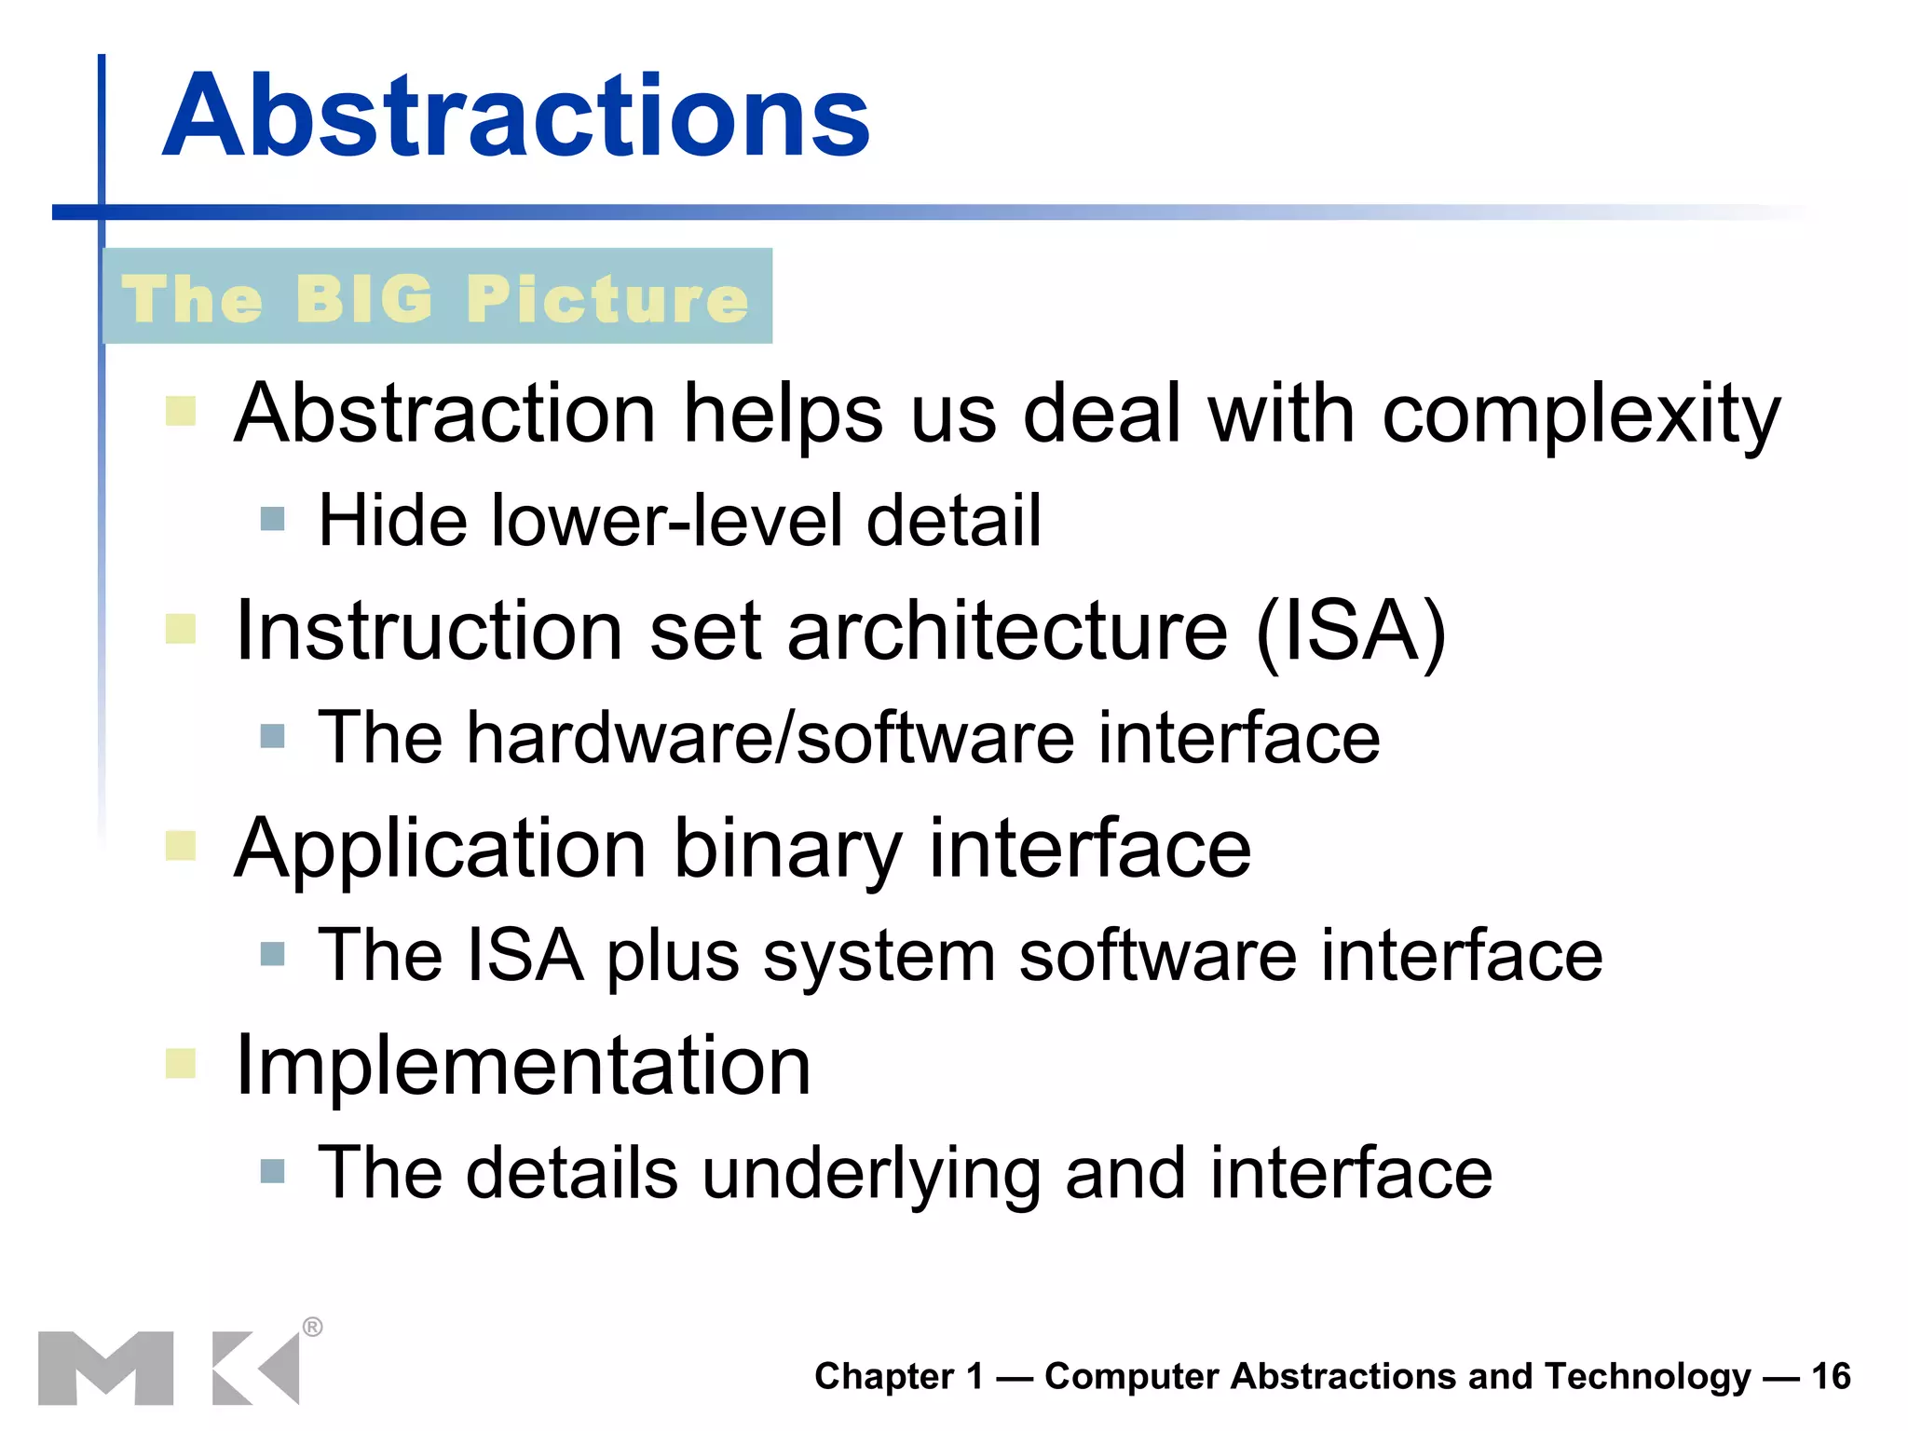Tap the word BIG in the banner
[x=364, y=299]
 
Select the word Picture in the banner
[x=607, y=299]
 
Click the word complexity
[x=1581, y=415]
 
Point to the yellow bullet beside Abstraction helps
[x=181, y=411]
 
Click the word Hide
[x=391, y=520]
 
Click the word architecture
[x=1008, y=631]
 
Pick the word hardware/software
[x=770, y=738]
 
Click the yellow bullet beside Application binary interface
[x=181, y=846]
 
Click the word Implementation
[x=524, y=1065]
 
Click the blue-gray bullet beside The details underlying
[x=272, y=1171]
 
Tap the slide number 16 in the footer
[x=1831, y=1376]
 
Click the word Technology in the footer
[x=1648, y=1376]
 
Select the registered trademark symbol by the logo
[x=313, y=1327]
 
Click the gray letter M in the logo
[x=105, y=1368]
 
